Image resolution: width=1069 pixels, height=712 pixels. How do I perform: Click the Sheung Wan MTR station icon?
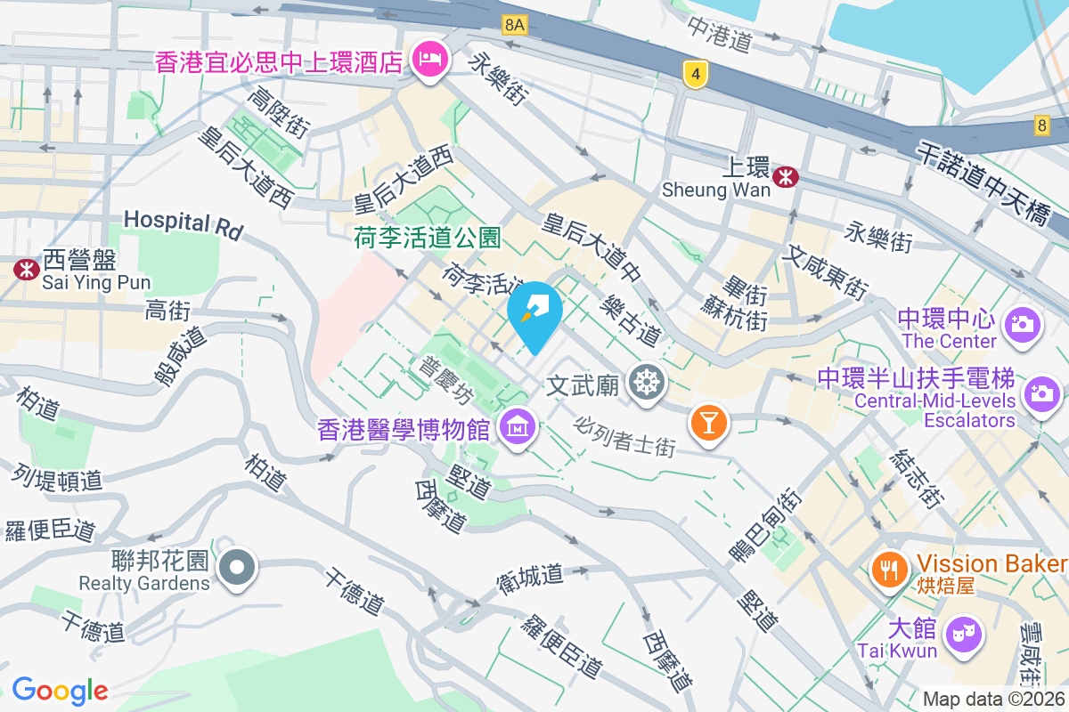786,176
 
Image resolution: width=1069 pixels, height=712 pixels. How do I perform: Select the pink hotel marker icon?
429,61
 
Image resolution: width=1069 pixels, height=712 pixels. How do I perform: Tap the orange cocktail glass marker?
709,421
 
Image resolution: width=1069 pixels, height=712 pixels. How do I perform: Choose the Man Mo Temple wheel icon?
647,384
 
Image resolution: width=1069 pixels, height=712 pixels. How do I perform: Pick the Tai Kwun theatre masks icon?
961,635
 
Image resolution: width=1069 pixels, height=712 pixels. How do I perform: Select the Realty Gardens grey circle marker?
237,567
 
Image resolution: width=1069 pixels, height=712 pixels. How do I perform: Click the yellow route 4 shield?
695,75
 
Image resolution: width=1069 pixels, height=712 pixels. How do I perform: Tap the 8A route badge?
514,24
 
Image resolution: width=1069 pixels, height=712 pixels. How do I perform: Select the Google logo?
60,690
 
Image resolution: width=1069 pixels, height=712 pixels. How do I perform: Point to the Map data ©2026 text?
993,700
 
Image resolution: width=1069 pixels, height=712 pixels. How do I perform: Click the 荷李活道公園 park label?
427,238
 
